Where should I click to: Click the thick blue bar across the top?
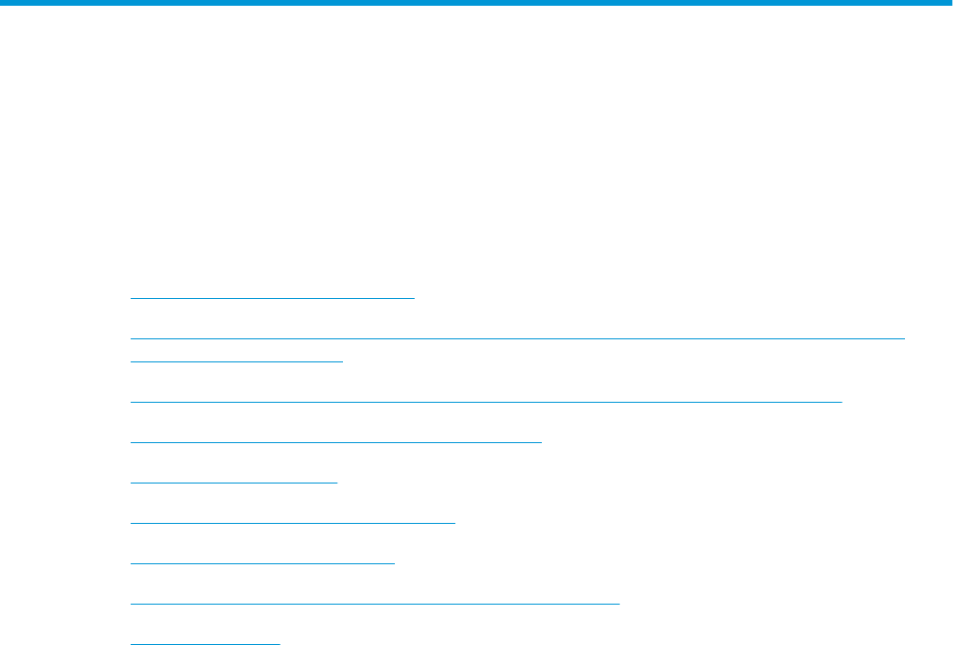[476, 4]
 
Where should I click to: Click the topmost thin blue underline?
[272, 298]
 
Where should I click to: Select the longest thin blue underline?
[518, 337]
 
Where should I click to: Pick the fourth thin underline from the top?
[485, 400]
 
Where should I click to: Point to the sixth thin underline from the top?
[233, 482]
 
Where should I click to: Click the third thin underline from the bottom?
[262, 562]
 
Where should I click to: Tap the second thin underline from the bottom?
[375, 603]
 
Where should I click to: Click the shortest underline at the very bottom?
[205, 642]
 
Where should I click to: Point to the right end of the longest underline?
[905, 337]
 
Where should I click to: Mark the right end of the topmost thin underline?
[413, 298]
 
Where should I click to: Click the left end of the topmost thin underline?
[131, 298]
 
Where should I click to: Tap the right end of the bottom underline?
[279, 642]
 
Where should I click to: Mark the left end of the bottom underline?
[131, 642]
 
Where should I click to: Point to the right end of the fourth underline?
[841, 400]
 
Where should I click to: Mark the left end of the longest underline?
[131, 337]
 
